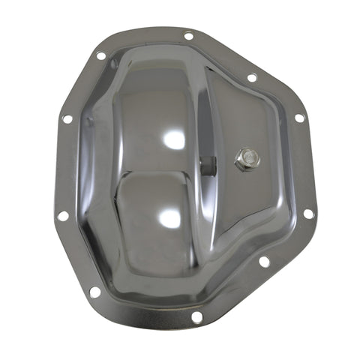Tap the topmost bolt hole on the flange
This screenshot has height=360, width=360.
(x=188, y=34)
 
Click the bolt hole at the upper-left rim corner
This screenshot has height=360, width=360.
(x=100, y=55)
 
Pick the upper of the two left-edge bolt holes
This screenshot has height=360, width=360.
(x=67, y=119)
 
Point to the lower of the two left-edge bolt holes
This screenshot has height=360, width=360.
(x=62, y=216)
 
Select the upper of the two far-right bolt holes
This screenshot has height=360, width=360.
(x=298, y=118)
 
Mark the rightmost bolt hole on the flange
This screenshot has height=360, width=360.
(x=308, y=214)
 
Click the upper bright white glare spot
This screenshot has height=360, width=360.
(x=174, y=138)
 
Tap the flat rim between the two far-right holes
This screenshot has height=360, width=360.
(x=304, y=166)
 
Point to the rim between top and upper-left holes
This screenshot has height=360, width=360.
(x=142, y=43)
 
